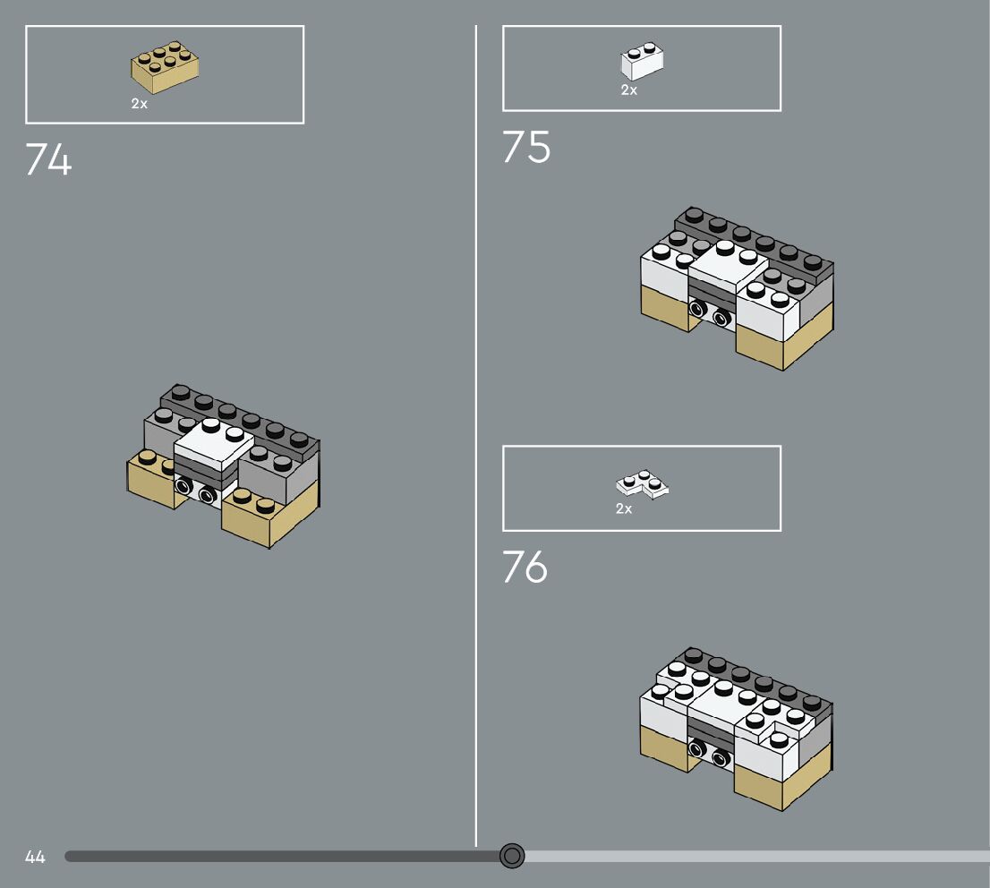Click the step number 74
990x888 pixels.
(48, 160)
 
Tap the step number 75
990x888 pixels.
(526, 148)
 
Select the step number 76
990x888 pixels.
(525, 568)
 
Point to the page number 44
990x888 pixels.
(35, 857)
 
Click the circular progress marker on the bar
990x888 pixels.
(512, 856)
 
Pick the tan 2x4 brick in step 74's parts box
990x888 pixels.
(165, 68)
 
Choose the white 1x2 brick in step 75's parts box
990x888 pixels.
(642, 63)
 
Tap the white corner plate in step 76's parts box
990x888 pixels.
(643, 486)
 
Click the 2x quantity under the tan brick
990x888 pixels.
(140, 104)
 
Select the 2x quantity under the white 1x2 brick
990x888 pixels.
(629, 90)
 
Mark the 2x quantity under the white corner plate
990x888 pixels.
(624, 509)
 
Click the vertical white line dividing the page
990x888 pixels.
(476, 430)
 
